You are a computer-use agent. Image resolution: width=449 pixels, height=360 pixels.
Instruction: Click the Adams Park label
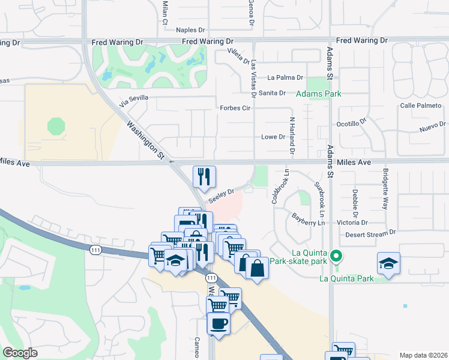pos(318,94)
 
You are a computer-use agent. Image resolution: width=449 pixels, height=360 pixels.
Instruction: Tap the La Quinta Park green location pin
pos(337,257)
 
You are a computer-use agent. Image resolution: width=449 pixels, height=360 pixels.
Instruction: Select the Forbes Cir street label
pos(235,109)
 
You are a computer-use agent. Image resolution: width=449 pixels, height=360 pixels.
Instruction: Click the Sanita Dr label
pos(272,92)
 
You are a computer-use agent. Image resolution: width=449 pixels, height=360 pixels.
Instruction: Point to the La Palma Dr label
pos(285,77)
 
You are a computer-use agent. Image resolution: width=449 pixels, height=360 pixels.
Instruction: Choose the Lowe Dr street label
pos(273,137)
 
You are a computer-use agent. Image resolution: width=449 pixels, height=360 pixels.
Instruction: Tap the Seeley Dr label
pos(220,196)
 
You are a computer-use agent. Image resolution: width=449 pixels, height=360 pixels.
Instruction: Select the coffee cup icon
pos(218,323)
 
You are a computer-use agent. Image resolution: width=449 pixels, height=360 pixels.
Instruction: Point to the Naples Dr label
pos(191,29)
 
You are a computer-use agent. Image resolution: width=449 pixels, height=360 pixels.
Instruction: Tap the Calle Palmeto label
pos(420,106)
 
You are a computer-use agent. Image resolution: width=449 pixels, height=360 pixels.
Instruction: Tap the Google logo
pos(20,353)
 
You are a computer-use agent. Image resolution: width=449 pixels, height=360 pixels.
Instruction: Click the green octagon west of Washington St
pos(56,126)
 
